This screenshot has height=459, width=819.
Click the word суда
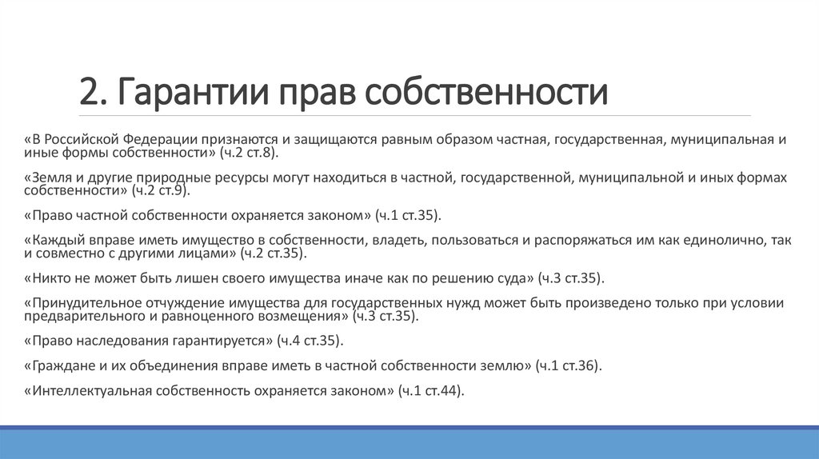pos(512,279)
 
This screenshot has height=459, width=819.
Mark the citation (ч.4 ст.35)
pos(310,341)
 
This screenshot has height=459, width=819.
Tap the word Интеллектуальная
pos(92,392)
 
